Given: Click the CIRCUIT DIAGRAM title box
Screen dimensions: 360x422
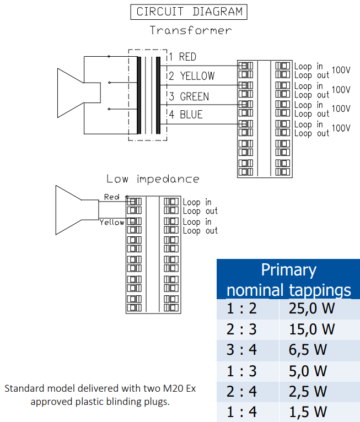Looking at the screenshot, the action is pyautogui.click(x=189, y=12).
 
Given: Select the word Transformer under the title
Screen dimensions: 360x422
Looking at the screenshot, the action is pyautogui.click(x=191, y=30).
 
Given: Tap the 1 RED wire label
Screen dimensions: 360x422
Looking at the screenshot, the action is pyautogui.click(x=183, y=57).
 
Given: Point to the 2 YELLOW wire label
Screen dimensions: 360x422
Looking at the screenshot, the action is pyautogui.click(x=192, y=76).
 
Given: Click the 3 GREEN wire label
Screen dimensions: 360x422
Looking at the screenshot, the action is pyautogui.click(x=189, y=96).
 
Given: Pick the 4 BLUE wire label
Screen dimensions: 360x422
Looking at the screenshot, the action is pyautogui.click(x=186, y=115).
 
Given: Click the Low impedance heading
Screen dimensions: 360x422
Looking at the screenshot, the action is pyautogui.click(x=153, y=179).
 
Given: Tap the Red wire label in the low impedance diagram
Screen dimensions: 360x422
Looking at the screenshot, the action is pyautogui.click(x=112, y=197).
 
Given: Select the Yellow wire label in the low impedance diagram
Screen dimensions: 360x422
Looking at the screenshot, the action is pyautogui.click(x=112, y=223).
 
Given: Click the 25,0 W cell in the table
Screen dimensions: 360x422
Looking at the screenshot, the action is pyautogui.click(x=311, y=309).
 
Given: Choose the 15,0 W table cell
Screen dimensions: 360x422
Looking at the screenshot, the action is pyautogui.click(x=311, y=329).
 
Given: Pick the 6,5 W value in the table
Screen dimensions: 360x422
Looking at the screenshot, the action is pyautogui.click(x=308, y=350).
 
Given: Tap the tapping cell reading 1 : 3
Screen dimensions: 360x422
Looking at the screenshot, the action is pyautogui.click(x=241, y=371).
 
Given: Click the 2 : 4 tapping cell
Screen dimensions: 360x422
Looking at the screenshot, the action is pyautogui.click(x=241, y=391).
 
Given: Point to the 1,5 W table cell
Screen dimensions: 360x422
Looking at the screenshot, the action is pyautogui.click(x=308, y=412).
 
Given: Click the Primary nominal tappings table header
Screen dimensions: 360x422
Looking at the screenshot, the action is pyautogui.click(x=288, y=279).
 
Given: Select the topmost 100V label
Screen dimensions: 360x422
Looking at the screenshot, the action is pyautogui.click(x=341, y=70).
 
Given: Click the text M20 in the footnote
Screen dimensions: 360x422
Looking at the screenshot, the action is pyautogui.click(x=171, y=388).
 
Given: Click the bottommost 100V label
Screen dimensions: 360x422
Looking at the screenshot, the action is pyautogui.click(x=341, y=128).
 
